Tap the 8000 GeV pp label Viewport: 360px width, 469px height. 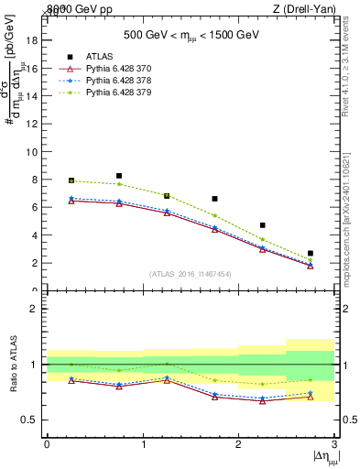[75, 9]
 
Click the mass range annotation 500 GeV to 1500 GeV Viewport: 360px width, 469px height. [191, 37]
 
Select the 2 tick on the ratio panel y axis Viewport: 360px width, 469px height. [36, 309]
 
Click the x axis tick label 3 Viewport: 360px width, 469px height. [334, 443]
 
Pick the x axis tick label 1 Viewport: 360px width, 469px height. [143, 443]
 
